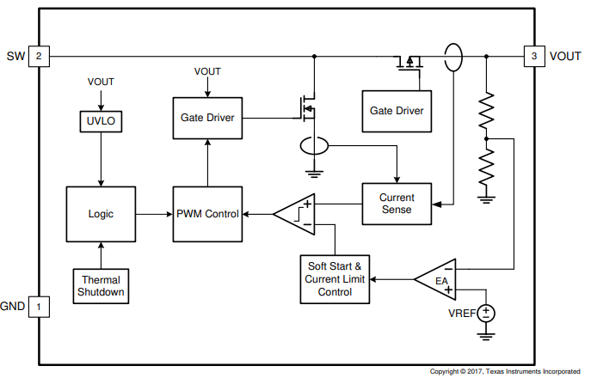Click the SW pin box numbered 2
click(x=39, y=57)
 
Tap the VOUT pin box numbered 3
click(x=533, y=57)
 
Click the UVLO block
click(x=101, y=121)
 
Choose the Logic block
click(x=101, y=213)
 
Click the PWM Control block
click(x=207, y=213)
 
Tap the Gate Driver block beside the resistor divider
click(x=397, y=111)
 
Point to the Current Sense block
click(x=397, y=204)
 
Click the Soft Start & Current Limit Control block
click(x=335, y=279)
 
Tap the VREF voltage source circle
click(x=488, y=314)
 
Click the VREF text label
click(x=459, y=314)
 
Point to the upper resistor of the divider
click(x=487, y=108)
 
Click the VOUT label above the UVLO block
click(x=101, y=82)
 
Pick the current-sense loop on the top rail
click(x=452, y=58)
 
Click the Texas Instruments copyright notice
click(x=505, y=371)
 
